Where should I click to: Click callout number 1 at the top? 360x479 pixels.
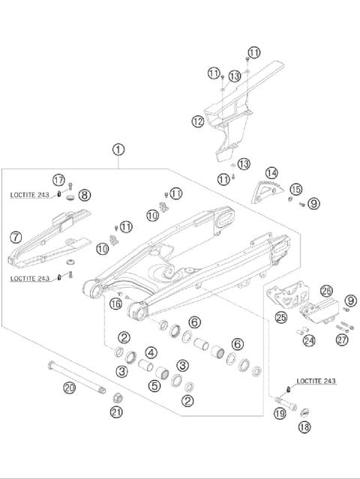[x=118, y=150]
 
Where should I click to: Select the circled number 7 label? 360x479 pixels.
[x=15, y=237]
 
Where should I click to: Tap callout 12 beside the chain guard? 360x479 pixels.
[x=197, y=120]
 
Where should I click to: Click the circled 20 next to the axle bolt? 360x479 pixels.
[x=69, y=388]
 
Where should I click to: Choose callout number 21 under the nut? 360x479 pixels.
[x=116, y=412]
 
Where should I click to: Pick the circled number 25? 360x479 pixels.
[x=281, y=319]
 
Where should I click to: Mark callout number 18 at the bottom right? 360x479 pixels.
[x=304, y=427]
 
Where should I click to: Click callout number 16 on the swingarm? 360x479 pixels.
[x=115, y=304]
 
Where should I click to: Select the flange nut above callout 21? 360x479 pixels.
[x=117, y=395]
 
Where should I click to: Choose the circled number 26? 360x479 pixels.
[x=325, y=291]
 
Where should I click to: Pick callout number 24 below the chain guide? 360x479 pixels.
[x=309, y=340]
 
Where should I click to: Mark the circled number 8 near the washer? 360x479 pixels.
[x=84, y=195]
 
